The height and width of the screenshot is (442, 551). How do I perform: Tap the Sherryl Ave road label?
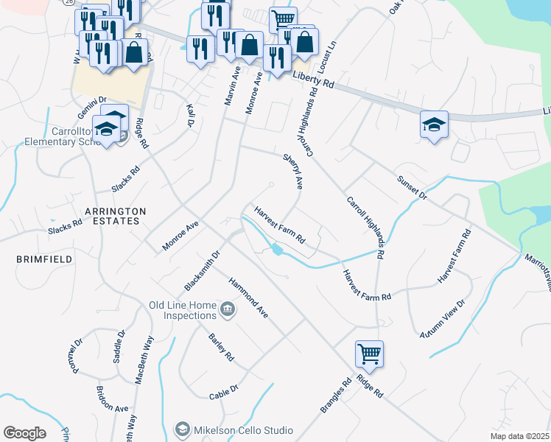(x=293, y=170)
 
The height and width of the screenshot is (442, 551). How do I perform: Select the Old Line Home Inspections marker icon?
(x=228, y=309)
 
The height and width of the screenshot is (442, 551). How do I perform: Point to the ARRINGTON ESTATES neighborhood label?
(x=115, y=216)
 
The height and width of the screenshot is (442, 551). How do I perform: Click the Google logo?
(x=24, y=433)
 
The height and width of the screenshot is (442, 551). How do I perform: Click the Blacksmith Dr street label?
(x=203, y=270)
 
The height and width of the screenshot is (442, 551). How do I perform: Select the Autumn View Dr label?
(x=443, y=319)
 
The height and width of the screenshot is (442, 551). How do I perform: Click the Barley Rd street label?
(x=221, y=347)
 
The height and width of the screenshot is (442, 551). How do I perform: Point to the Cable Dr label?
(x=224, y=390)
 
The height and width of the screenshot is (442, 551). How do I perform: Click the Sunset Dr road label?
(x=412, y=188)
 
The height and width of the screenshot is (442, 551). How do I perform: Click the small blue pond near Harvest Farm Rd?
(x=277, y=250)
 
